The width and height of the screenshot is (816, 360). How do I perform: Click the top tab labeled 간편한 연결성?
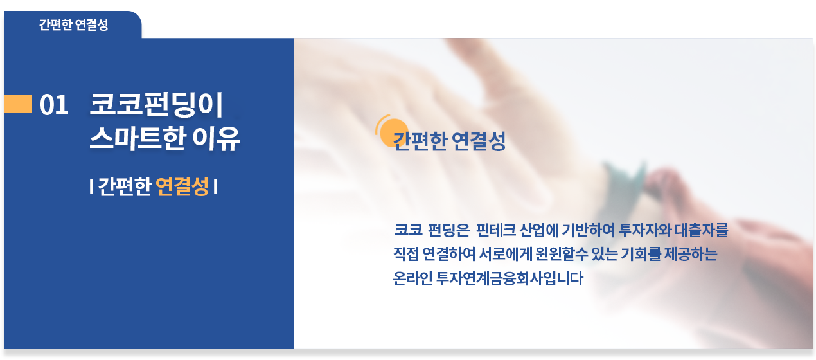pyautogui.click(x=73, y=25)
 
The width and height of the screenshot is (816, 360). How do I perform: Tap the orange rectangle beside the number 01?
pyautogui.click(x=18, y=104)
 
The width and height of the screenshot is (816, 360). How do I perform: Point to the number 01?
pyautogui.click(x=54, y=105)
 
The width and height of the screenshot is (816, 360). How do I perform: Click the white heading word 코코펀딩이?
pyautogui.click(x=156, y=105)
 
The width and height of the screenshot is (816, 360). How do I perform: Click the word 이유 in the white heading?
pyautogui.click(x=216, y=138)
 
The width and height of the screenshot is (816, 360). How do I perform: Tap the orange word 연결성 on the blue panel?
pyautogui.click(x=182, y=186)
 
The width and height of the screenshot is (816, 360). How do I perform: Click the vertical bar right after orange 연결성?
pyautogui.click(x=216, y=186)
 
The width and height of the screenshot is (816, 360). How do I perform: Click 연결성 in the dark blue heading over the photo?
pyautogui.click(x=479, y=141)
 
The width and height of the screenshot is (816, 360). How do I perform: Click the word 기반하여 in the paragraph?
pyautogui.click(x=589, y=230)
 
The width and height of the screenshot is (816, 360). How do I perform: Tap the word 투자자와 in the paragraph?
pyautogui.click(x=645, y=230)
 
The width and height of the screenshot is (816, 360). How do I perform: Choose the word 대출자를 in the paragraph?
pyautogui.click(x=701, y=230)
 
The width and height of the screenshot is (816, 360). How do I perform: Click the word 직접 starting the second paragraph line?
pyautogui.click(x=406, y=254)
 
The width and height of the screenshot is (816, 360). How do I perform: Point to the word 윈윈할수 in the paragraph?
pyautogui.click(x=562, y=254)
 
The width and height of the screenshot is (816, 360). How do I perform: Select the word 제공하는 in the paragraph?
pyautogui.click(x=691, y=254)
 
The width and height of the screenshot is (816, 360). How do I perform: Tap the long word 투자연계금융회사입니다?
pyautogui.click(x=510, y=278)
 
